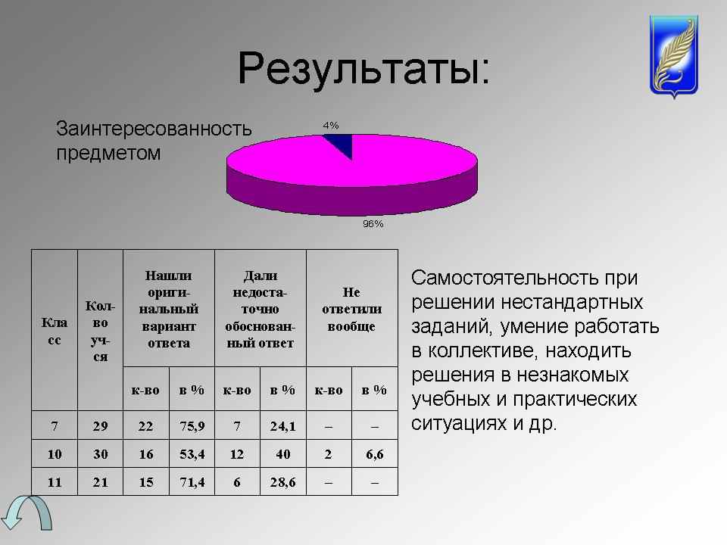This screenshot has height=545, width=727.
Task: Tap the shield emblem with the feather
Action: tap(674, 55)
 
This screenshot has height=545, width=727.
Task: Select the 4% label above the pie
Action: tap(331, 126)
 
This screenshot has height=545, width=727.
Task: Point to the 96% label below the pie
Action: tap(373, 224)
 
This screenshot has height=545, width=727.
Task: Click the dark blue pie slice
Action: tap(341, 143)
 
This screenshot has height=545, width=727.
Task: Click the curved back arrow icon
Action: tap(27, 512)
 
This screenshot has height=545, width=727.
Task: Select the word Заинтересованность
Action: tap(154, 129)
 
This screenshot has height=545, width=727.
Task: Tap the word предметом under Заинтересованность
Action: tap(108, 153)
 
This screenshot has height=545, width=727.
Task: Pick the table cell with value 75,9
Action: tap(192, 425)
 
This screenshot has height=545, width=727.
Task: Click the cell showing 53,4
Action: tap(192, 453)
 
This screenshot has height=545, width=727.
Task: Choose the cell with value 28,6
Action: tap(282, 482)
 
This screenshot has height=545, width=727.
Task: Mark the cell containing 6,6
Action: tap(375, 453)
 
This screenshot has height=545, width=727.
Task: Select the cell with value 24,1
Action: tap(282, 425)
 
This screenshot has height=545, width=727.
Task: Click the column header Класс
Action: tap(55, 331)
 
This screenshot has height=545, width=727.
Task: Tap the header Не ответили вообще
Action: tap(352, 309)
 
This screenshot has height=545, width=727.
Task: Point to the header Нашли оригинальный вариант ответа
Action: tap(169, 309)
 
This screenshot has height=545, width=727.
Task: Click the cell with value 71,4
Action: tap(192, 482)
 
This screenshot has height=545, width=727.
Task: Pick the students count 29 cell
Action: tap(100, 425)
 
